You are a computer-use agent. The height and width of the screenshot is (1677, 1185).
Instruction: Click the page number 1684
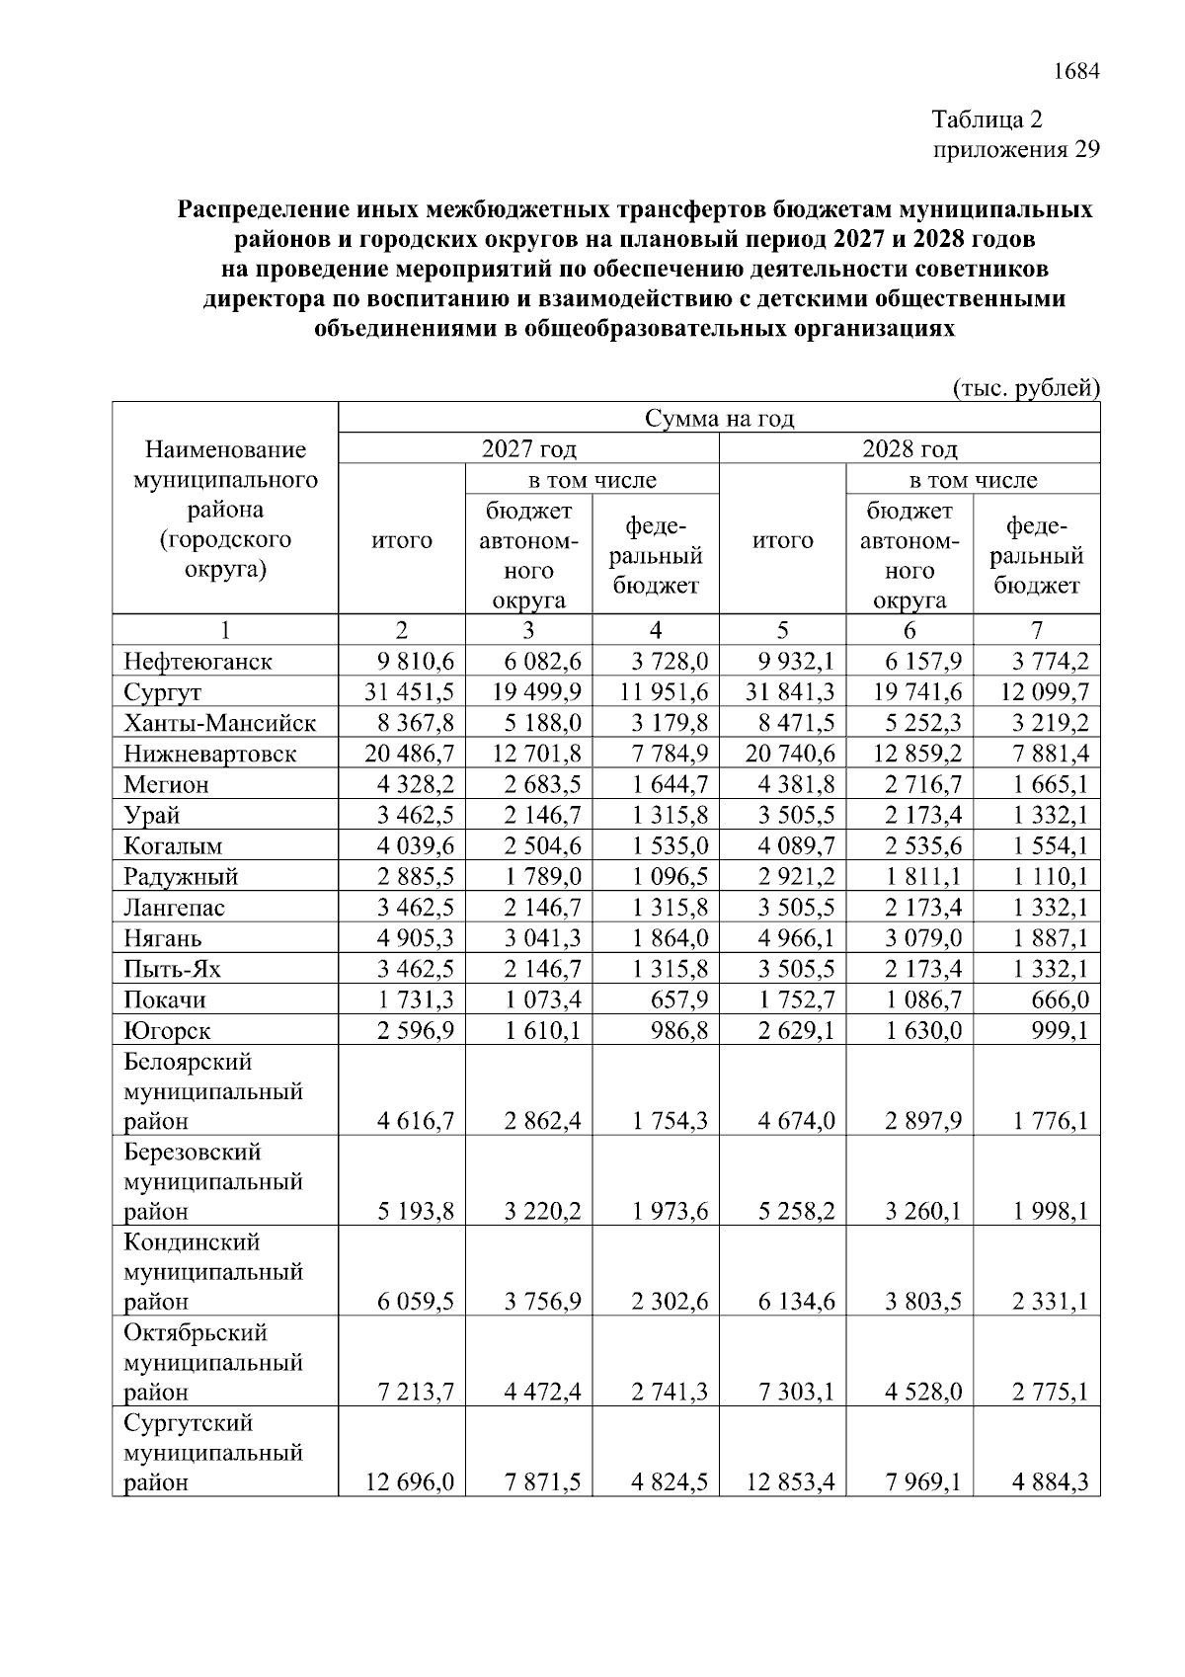pyautogui.click(x=1076, y=72)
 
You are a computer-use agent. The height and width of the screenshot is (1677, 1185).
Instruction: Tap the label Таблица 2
pyautogui.click(x=987, y=120)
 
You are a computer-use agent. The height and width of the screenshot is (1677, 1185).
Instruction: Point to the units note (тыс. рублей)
pyautogui.click(x=1026, y=388)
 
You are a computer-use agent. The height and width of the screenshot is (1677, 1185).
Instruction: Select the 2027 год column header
pyautogui.click(x=528, y=449)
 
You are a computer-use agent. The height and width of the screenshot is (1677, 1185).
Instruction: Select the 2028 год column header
pyautogui.click(x=909, y=449)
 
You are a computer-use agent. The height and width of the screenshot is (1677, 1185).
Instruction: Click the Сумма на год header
pyautogui.click(x=719, y=418)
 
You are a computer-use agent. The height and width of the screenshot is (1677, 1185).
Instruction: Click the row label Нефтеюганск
pyautogui.click(x=197, y=662)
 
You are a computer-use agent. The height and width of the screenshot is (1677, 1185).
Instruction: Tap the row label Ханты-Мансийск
pyautogui.click(x=219, y=723)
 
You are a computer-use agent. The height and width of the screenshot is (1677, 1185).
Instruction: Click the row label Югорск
pyautogui.click(x=167, y=1031)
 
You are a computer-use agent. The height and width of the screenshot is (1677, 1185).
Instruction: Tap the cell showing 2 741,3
pyautogui.click(x=670, y=1393)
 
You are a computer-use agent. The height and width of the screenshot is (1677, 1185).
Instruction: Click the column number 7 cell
pyautogui.click(x=1036, y=630)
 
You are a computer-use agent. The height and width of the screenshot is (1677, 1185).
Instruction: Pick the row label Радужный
pyautogui.click(x=181, y=877)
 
